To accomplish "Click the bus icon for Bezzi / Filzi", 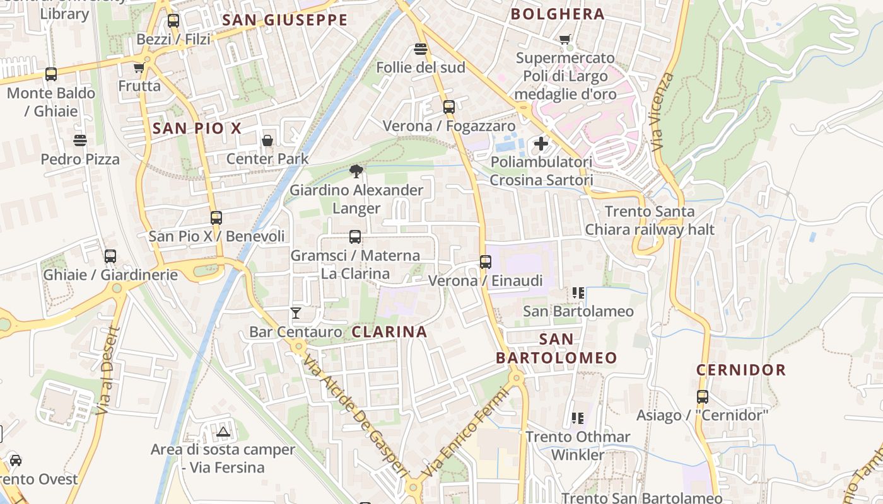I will [x=173, y=21].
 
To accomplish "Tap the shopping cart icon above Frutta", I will [x=139, y=67].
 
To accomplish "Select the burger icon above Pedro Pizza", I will [x=80, y=140].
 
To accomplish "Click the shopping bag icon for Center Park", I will [x=267, y=140].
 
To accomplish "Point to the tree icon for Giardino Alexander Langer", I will [x=356, y=171].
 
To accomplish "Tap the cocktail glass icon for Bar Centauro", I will [x=295, y=312].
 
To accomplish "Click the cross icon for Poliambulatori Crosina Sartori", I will [x=541, y=144].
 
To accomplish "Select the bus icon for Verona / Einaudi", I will [x=485, y=262].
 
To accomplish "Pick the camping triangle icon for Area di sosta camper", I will [x=223, y=432].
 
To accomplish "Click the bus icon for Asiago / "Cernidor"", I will [x=702, y=397].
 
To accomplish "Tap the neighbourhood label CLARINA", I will [x=389, y=331].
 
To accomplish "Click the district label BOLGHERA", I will [x=558, y=14].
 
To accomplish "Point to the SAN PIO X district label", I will [x=197, y=129].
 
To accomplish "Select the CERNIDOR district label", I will [x=741, y=370].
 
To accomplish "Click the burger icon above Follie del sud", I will [x=421, y=49].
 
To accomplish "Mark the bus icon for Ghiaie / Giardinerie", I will [x=110, y=256].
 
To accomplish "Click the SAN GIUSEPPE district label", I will [x=285, y=20].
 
